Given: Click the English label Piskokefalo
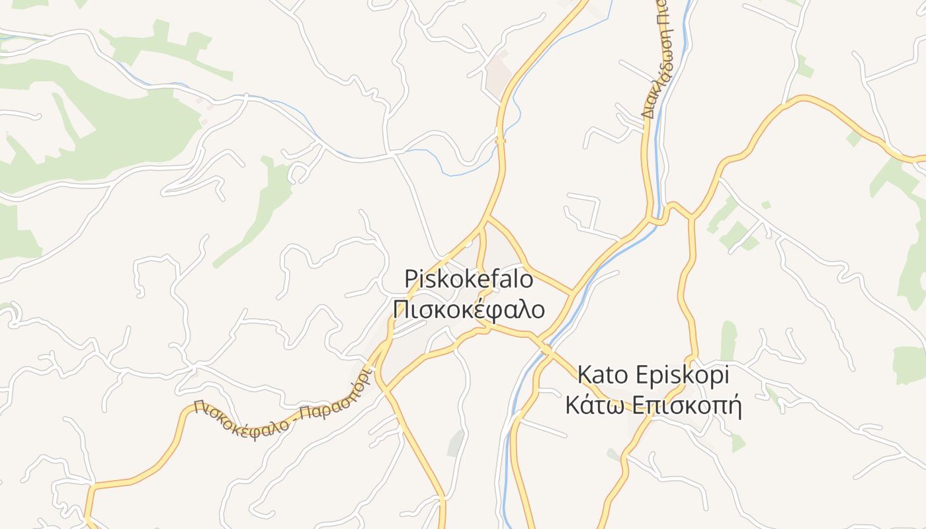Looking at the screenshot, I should (x=469, y=278).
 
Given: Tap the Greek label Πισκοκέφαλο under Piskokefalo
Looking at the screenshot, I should (x=469, y=309).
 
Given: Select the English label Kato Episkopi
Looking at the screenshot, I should (x=653, y=375).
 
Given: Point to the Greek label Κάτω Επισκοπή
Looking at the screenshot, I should (x=653, y=405).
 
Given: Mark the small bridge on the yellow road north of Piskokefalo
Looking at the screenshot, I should (x=501, y=140).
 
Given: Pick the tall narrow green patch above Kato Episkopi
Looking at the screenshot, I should (x=728, y=341).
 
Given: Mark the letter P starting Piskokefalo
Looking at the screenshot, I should (x=411, y=278).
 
